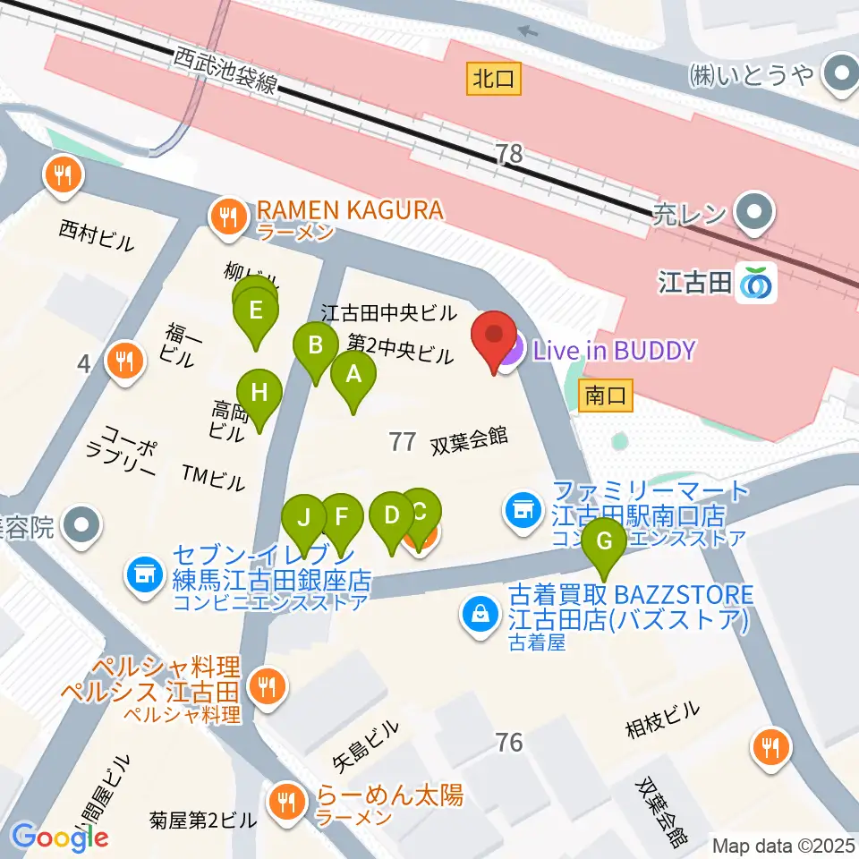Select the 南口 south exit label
(x=606, y=394)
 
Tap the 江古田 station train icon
(x=757, y=284)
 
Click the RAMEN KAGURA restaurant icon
(x=230, y=215)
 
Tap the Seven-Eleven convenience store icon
(x=145, y=574)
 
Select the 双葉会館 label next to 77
(x=469, y=438)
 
